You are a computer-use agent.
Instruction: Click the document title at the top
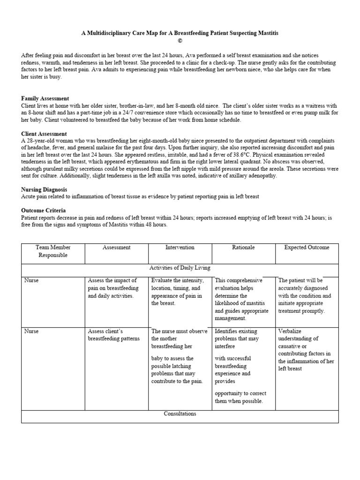(180, 34)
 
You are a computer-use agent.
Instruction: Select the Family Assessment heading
(45, 98)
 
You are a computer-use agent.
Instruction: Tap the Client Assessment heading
(44, 134)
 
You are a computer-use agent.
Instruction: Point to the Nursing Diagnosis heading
(45, 189)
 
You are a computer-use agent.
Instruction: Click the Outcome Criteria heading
(43, 210)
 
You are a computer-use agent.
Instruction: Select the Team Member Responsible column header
(52, 251)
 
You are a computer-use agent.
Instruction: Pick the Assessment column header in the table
(116, 247)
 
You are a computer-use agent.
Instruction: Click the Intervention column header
(180, 247)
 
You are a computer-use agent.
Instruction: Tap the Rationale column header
(243, 247)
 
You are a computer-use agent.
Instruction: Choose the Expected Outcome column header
(307, 247)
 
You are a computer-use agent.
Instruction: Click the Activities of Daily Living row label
(180, 268)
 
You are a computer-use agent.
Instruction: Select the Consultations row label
(180, 414)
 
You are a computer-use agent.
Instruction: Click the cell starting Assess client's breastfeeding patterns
(114, 335)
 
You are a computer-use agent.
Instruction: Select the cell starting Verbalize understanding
(307, 350)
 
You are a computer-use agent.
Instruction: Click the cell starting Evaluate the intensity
(177, 292)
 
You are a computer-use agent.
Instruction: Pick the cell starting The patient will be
(305, 295)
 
